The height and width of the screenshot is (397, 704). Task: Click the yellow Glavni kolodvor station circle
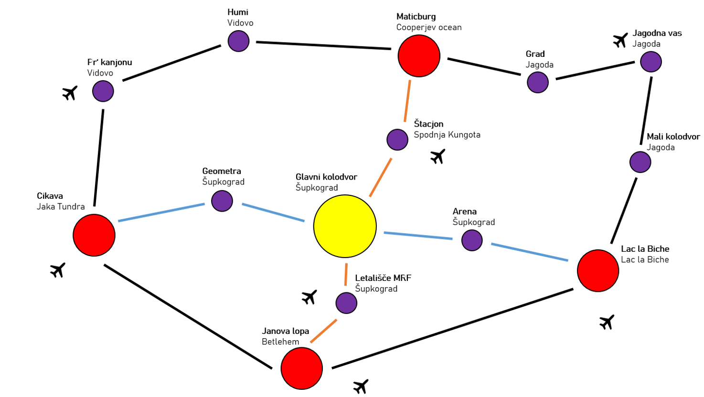(345, 226)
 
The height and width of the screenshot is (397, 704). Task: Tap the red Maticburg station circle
(419, 55)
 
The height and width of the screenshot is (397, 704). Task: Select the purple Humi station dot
(238, 41)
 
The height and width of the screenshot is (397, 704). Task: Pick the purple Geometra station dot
(222, 201)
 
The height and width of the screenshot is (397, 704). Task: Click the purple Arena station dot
(472, 240)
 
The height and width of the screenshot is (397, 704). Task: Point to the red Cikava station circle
(94, 235)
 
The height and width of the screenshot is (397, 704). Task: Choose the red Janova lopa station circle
(302, 368)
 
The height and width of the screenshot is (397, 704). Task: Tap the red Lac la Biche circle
(598, 270)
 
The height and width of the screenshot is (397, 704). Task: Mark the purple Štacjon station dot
(397, 139)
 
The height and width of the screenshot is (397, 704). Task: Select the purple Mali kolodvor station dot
(640, 162)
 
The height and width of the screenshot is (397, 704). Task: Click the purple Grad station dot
(538, 82)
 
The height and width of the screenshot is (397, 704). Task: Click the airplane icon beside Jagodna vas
(620, 41)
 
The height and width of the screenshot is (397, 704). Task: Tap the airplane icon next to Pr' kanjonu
(70, 93)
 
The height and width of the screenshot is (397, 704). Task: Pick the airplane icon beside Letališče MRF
(309, 297)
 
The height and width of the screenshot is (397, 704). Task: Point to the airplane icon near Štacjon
(437, 156)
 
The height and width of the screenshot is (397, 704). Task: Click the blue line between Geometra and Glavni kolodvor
(273, 213)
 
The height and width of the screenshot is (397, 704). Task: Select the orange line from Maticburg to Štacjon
(407, 101)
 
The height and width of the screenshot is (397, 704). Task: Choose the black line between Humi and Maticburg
(323, 45)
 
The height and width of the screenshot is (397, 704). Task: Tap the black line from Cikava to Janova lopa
(188, 316)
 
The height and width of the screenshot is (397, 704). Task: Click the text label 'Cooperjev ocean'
(429, 27)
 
